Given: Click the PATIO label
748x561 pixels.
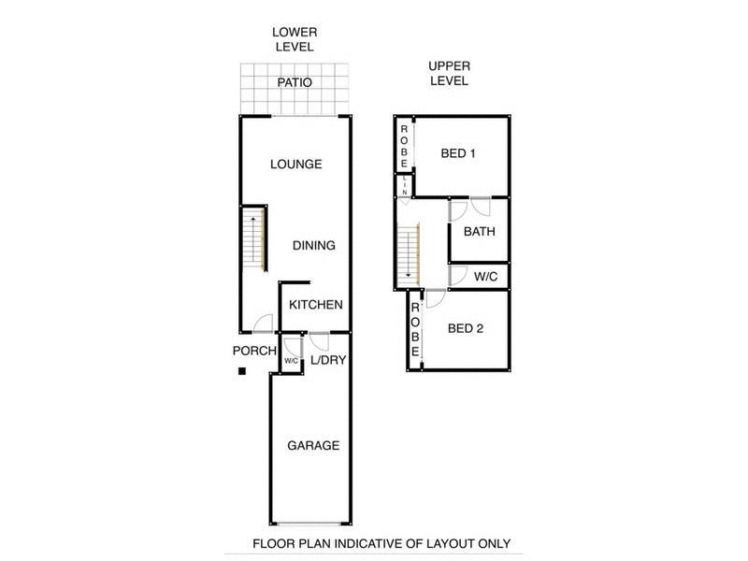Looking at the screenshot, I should point(295,83).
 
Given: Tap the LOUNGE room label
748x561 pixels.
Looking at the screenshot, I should point(295,164).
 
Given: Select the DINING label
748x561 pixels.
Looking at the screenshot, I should point(314,246).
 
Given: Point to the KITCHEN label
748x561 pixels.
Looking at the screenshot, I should point(315,305).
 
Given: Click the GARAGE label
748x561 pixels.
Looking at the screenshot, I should point(312,446).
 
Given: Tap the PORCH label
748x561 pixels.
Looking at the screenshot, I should point(254,351).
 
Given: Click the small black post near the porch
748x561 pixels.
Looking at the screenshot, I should point(241,372).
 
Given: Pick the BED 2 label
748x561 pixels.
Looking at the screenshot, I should point(466,328).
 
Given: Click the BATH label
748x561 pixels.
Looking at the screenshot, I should point(480,232).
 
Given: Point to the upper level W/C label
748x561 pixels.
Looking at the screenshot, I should point(485,277).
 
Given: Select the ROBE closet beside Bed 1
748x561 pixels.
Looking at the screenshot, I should point(404,146).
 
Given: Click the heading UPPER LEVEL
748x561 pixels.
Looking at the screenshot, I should point(448,73).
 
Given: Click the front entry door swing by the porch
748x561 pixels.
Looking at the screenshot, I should point(264,324).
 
